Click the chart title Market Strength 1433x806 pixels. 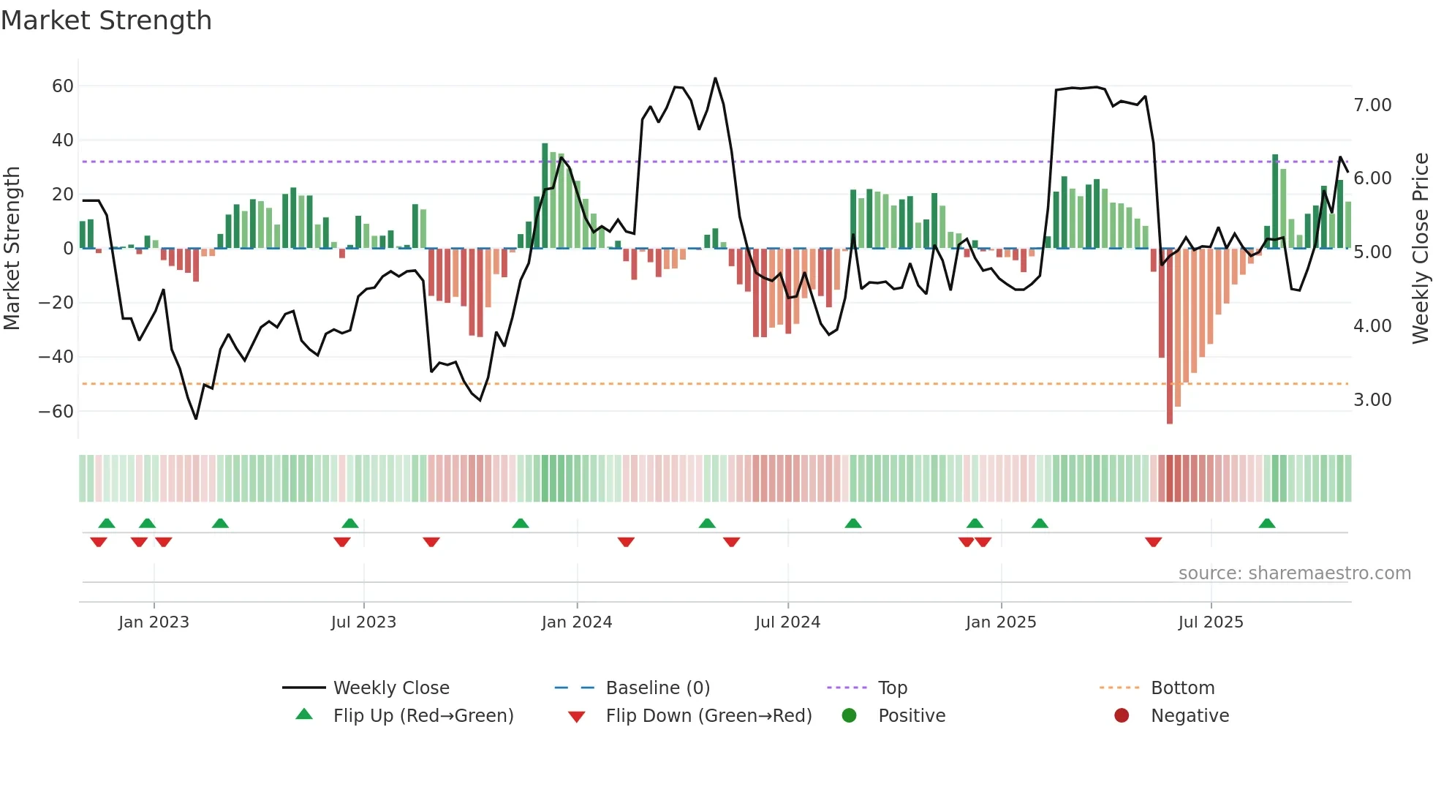(x=106, y=20)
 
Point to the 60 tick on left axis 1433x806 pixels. (x=62, y=86)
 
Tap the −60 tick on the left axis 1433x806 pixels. (x=56, y=412)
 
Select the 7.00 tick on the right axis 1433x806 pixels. (x=1372, y=105)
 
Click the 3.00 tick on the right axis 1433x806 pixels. (x=1372, y=400)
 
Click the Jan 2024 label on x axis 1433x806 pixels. (x=576, y=622)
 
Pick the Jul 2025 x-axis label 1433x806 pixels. (x=1210, y=622)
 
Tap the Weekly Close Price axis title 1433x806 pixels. (x=1420, y=249)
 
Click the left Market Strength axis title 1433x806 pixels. (x=12, y=249)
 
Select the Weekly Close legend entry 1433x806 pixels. (x=391, y=688)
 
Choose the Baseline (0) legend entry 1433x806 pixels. (x=657, y=688)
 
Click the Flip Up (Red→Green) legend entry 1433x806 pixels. (x=423, y=716)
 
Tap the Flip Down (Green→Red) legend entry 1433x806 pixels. (x=708, y=716)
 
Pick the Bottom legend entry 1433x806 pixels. (x=1182, y=688)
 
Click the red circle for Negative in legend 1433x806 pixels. (x=1121, y=716)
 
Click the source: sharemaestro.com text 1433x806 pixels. (x=1294, y=573)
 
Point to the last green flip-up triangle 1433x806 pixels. (x=1266, y=524)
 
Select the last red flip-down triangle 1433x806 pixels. (x=1153, y=542)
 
